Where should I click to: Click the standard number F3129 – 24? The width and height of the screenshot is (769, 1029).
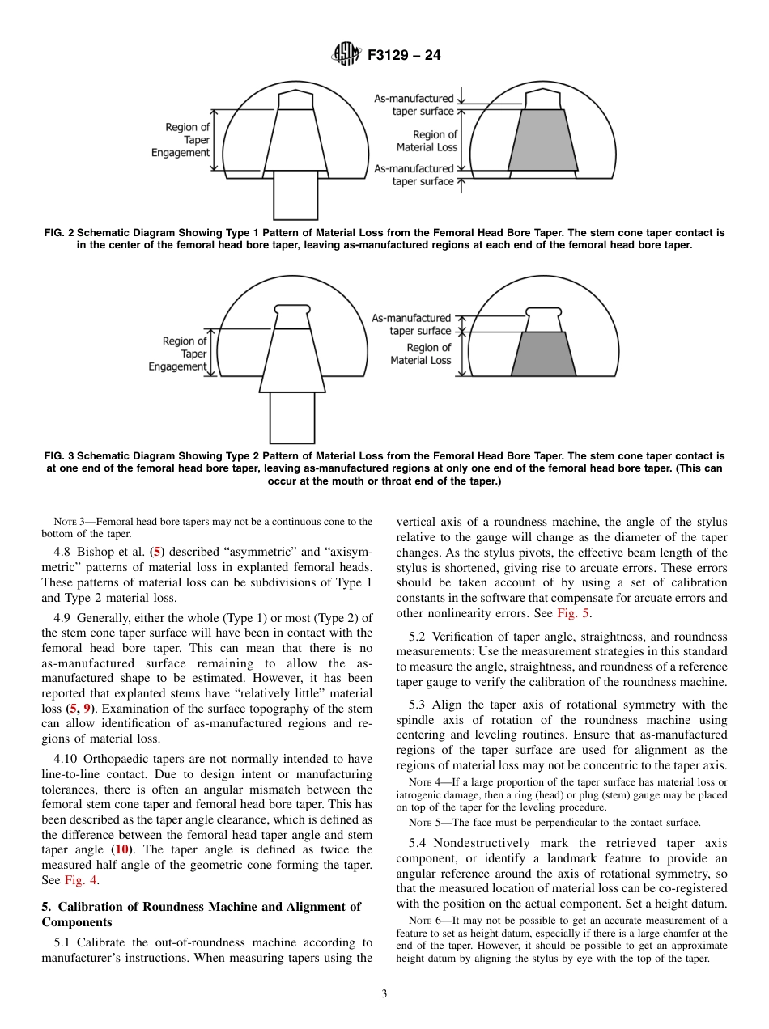(404, 56)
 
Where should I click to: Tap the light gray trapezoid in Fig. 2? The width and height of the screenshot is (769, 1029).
(542, 140)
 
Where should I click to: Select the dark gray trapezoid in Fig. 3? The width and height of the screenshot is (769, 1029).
(542, 354)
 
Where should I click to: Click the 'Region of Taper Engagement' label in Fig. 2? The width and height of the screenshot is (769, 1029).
(182, 140)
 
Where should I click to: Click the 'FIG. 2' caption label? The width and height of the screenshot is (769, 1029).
(59, 233)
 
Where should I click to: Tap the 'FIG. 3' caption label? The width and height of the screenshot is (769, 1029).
(59, 456)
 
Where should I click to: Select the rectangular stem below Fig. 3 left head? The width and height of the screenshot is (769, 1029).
(291, 417)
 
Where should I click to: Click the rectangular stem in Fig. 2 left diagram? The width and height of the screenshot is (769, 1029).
(295, 194)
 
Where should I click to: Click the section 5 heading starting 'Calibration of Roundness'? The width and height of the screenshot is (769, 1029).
(201, 914)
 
